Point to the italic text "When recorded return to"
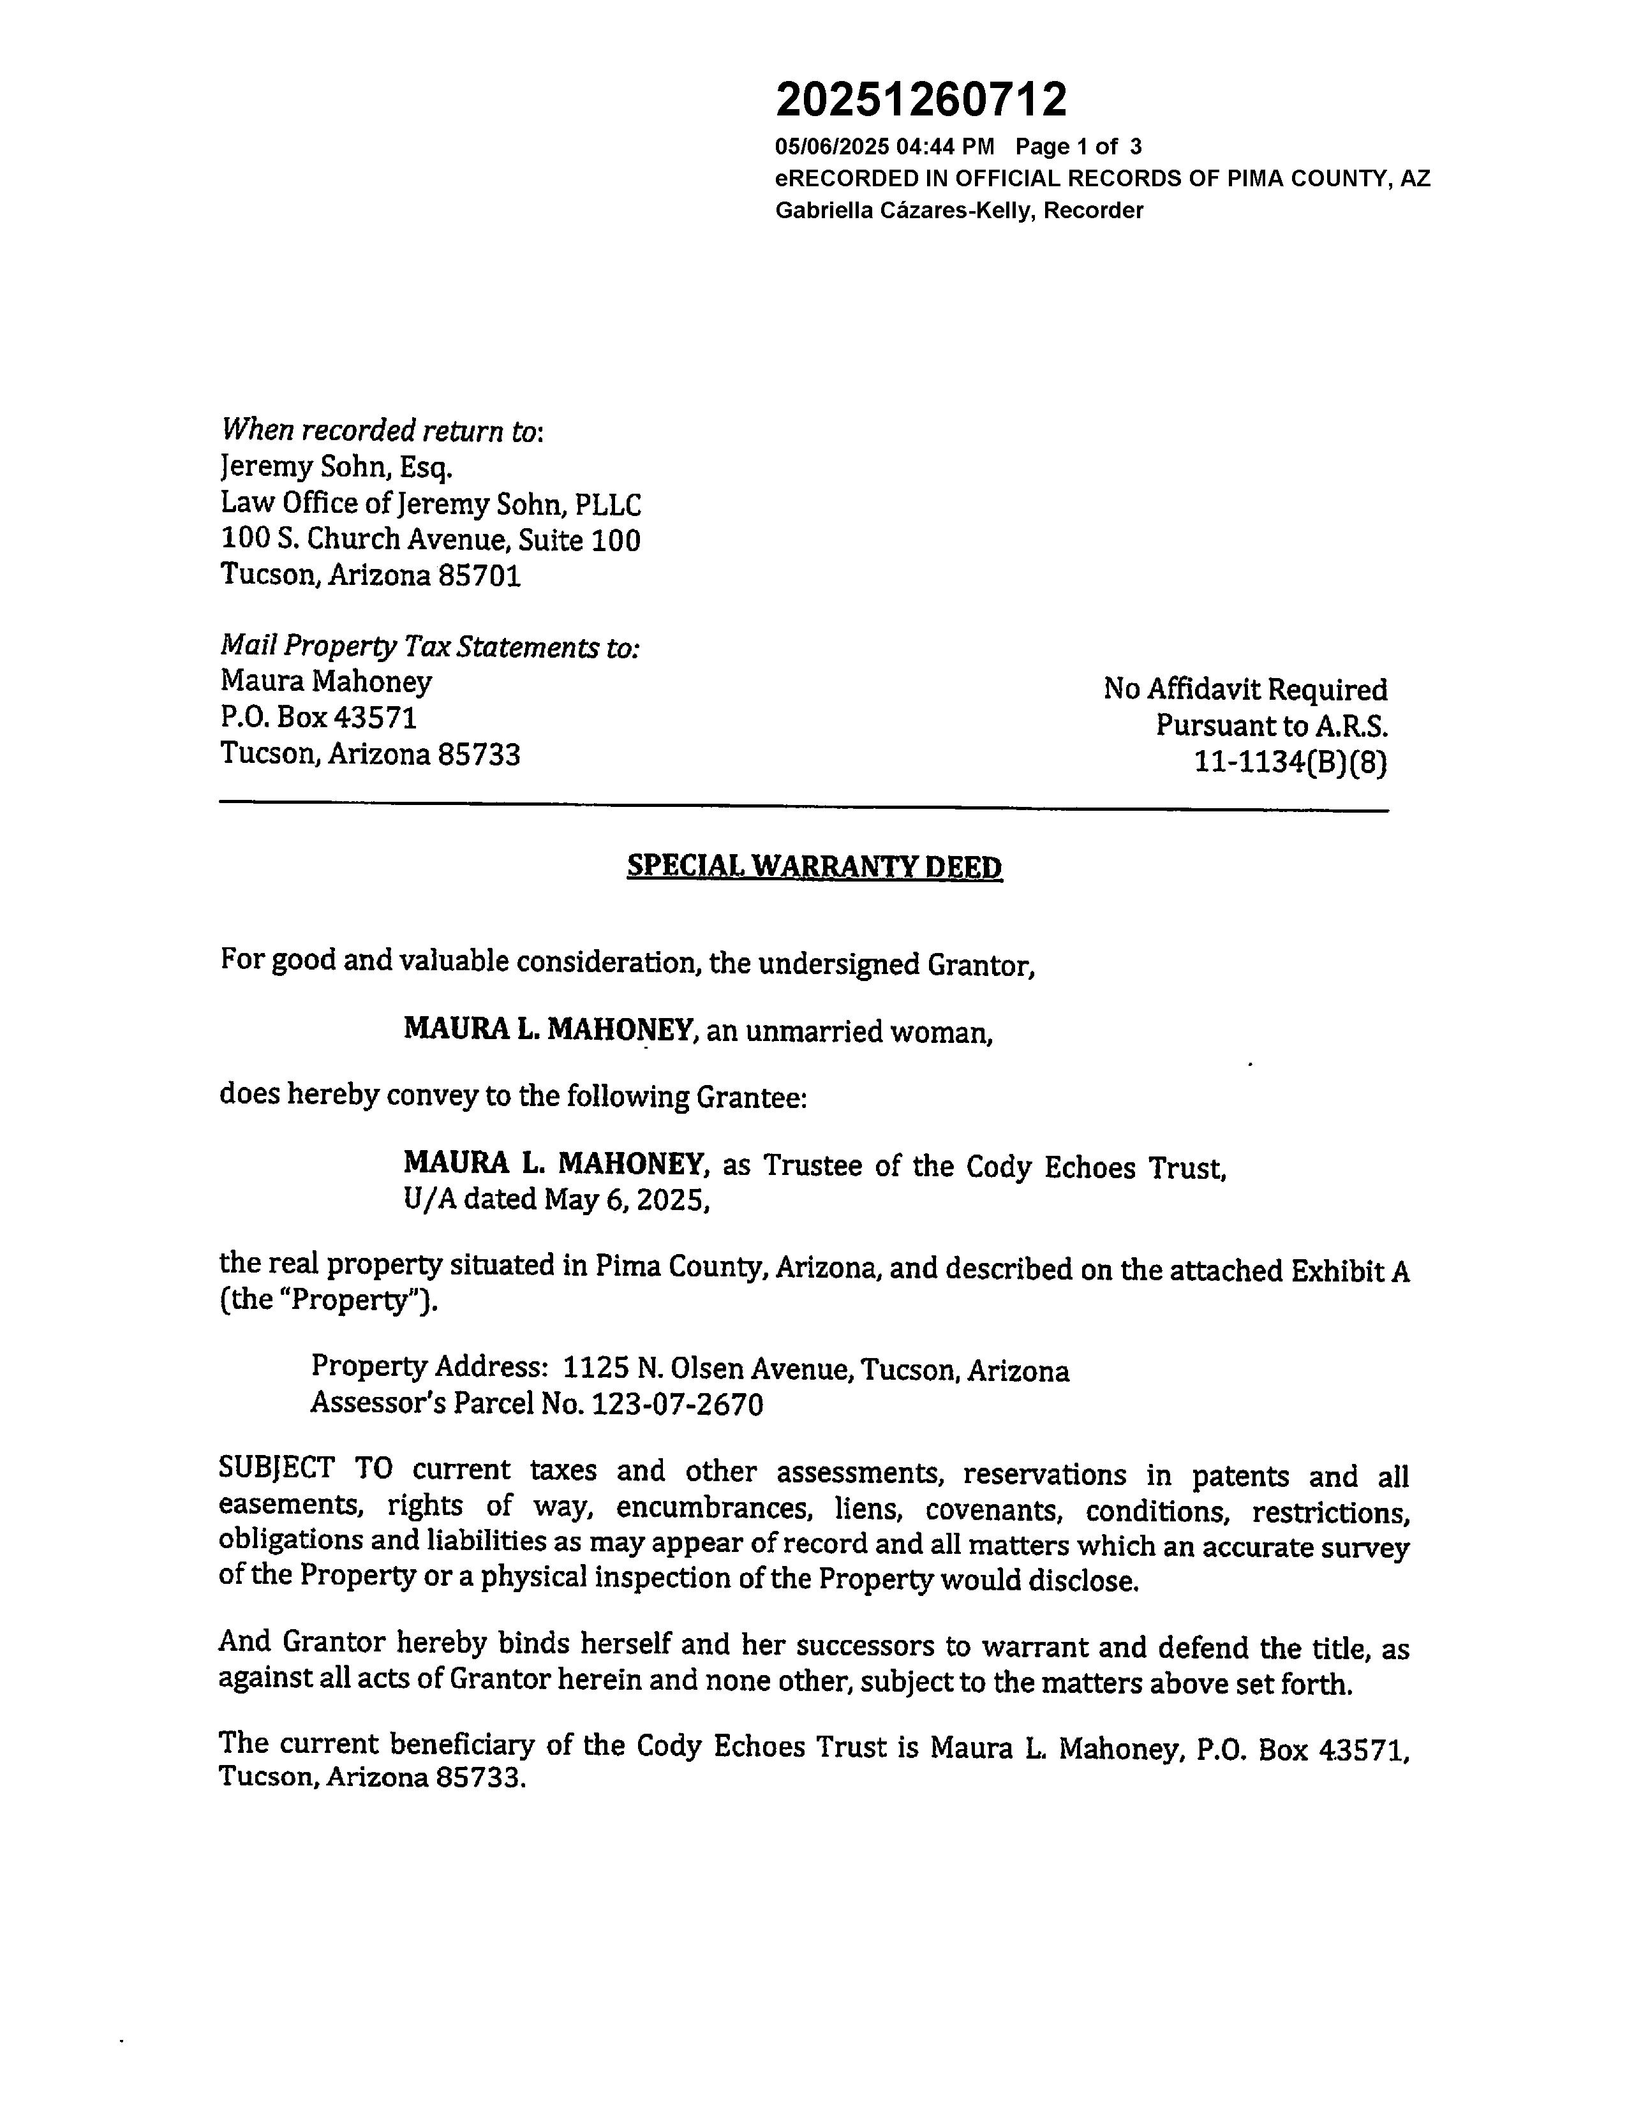(382, 430)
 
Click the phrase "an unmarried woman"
(848, 1032)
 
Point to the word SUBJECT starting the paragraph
(277, 1469)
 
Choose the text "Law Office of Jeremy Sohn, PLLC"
(430, 503)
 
